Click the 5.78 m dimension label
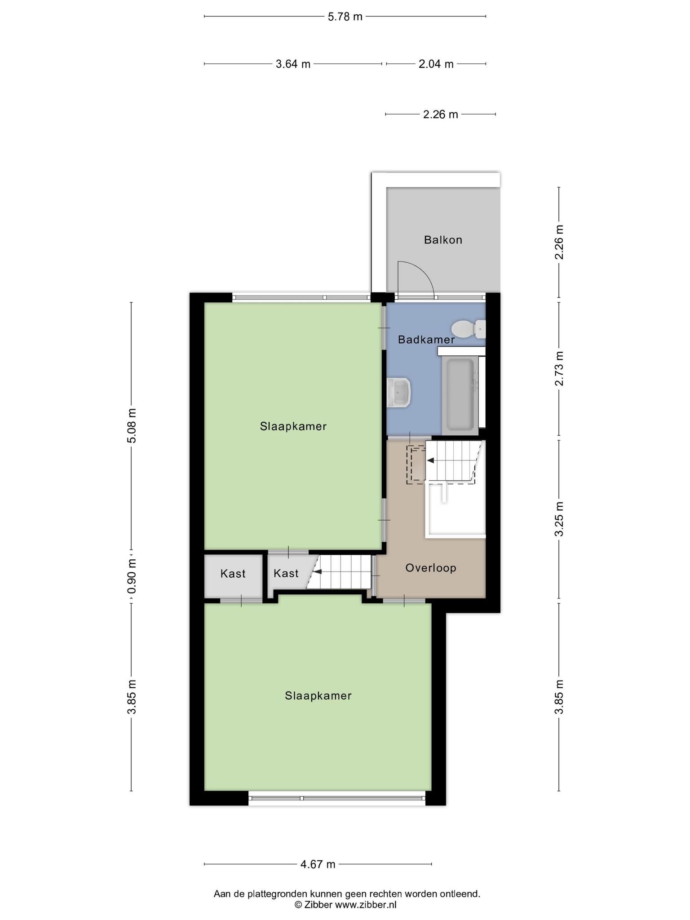click(345, 17)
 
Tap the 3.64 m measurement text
click(293, 64)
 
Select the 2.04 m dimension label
click(436, 64)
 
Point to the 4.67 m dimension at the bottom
click(318, 864)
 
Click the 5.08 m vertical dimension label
click(132, 425)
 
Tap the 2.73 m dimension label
click(559, 368)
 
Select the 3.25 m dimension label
click(559, 519)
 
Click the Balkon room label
click(443, 240)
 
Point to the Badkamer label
click(426, 340)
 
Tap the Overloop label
click(431, 568)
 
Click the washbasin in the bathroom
click(399, 392)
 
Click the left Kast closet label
click(233, 574)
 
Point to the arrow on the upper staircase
click(430, 460)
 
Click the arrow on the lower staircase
click(318, 571)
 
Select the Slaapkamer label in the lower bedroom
click(318, 696)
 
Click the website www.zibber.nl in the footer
click(366, 905)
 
